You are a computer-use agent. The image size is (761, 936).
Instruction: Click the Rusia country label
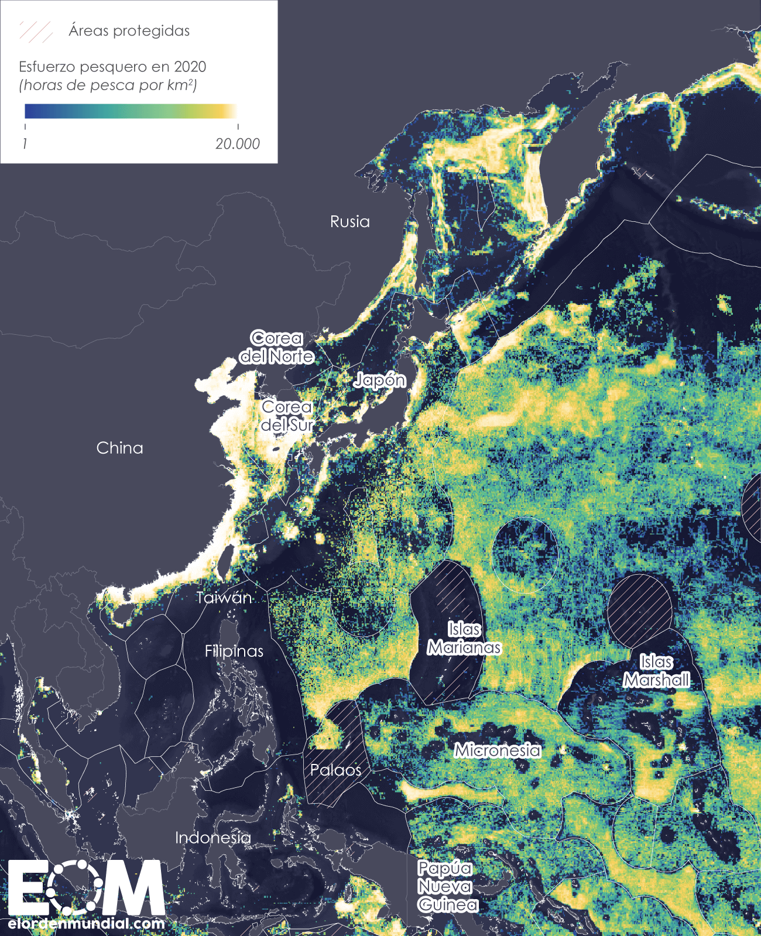[349, 222]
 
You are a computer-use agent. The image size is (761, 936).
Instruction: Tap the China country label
[119, 448]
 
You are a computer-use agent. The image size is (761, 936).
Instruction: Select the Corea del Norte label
[276, 347]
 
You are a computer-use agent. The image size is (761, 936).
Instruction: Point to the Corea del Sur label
[287, 416]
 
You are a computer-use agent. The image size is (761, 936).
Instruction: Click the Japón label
[380, 380]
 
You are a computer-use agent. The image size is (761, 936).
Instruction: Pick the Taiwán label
[224, 598]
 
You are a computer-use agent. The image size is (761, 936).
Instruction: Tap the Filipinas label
[234, 651]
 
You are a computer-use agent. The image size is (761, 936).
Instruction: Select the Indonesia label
[212, 838]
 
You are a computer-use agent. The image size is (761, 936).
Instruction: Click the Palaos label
[335, 770]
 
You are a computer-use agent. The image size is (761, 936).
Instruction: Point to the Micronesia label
[498, 750]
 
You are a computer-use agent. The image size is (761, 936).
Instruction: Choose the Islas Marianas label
[464, 638]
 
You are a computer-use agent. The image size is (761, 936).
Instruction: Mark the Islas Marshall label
[656, 671]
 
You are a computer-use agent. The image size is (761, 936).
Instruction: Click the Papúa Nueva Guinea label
[447, 886]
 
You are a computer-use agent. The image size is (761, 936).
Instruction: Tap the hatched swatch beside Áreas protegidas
[36, 32]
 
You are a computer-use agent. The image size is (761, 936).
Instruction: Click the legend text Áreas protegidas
[129, 31]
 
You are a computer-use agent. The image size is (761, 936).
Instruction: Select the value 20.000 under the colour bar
[237, 144]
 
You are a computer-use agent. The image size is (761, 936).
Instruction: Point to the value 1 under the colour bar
[25, 144]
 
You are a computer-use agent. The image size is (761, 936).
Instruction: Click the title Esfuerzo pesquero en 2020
[112, 67]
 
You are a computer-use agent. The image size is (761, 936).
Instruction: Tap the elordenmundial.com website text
[87, 924]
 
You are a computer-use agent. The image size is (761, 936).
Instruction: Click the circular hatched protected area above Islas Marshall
[639, 609]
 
